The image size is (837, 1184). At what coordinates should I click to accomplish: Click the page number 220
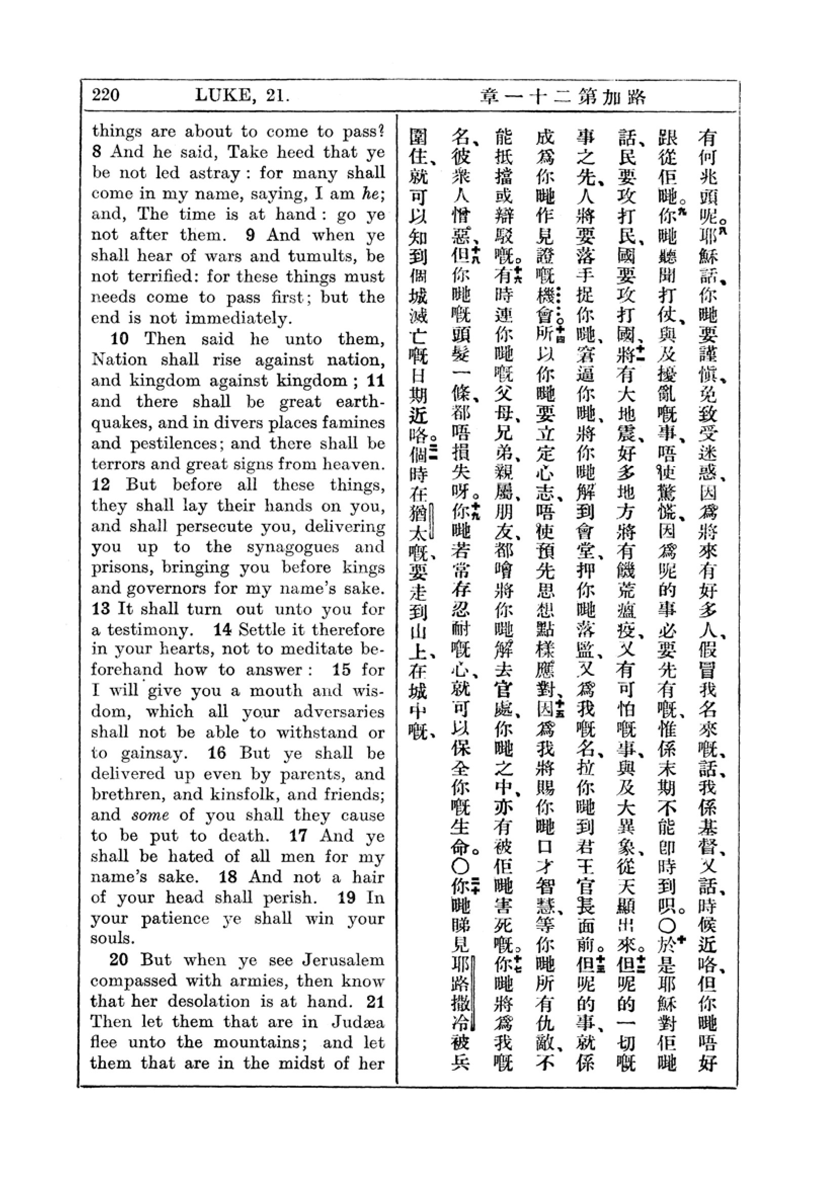[106, 95]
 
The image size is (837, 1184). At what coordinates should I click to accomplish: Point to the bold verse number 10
[119, 339]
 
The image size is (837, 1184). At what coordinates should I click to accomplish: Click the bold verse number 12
[101, 485]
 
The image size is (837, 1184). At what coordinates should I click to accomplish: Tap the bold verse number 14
[222, 630]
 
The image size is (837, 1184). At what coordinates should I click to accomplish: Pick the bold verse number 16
[217, 753]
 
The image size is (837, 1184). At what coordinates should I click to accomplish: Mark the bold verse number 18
[228, 877]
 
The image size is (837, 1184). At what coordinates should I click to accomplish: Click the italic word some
[150, 815]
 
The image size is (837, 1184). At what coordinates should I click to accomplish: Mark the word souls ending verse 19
[109, 938]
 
